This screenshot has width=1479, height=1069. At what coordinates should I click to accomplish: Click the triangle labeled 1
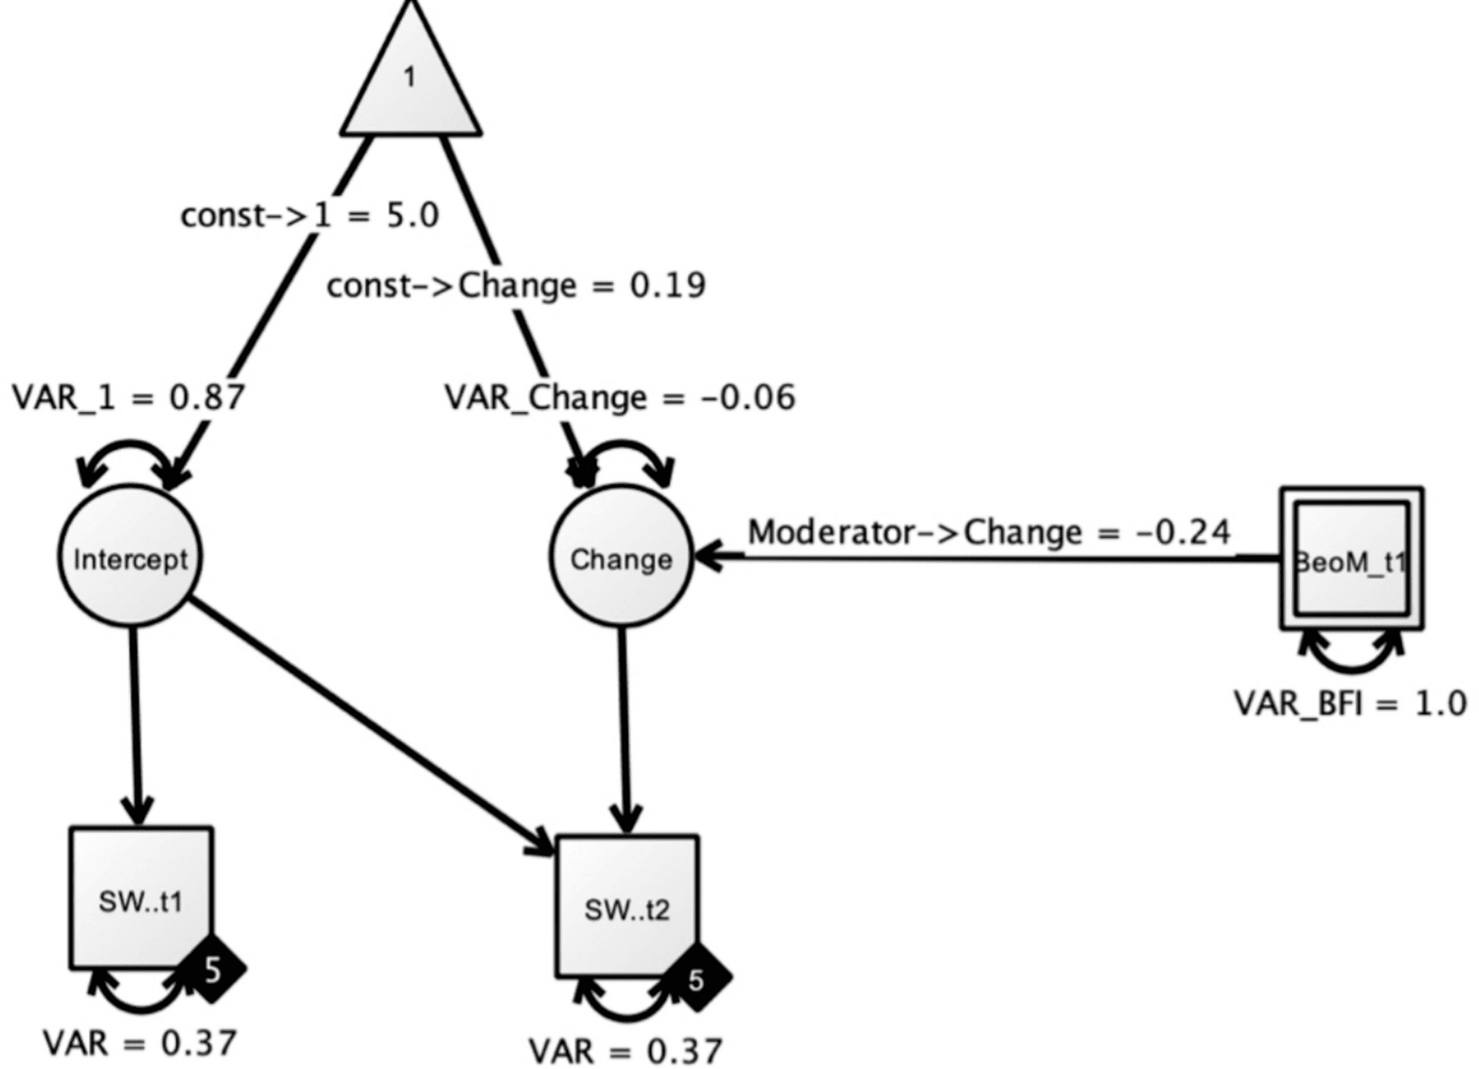[x=411, y=85]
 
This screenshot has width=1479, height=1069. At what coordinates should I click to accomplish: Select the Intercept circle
[x=130, y=556]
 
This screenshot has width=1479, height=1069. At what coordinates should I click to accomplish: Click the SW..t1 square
[x=141, y=898]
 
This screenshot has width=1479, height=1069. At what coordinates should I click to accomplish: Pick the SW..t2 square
[x=627, y=906]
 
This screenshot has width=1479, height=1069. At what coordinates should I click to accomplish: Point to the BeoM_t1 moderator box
[x=1352, y=559]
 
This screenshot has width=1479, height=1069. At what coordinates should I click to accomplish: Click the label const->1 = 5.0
[x=310, y=215]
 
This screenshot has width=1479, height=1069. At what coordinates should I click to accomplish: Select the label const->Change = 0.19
[x=516, y=286]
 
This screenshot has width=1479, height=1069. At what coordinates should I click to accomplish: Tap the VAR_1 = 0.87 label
[x=129, y=398]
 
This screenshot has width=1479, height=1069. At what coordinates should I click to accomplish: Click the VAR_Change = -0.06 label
[x=620, y=398]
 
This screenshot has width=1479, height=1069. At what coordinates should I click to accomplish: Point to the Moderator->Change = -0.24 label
[x=989, y=532]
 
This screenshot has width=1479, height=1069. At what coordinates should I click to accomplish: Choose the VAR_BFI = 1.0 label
[x=1350, y=703]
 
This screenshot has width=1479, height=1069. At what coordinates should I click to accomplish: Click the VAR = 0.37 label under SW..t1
[x=139, y=1044]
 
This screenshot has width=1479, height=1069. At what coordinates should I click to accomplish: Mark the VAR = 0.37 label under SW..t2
[x=625, y=1051]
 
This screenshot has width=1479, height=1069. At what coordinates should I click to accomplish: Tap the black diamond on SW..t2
[x=696, y=979]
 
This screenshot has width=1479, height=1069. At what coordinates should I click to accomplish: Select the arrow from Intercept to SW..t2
[x=370, y=725]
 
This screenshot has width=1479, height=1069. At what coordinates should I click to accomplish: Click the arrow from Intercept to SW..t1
[x=136, y=724]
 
